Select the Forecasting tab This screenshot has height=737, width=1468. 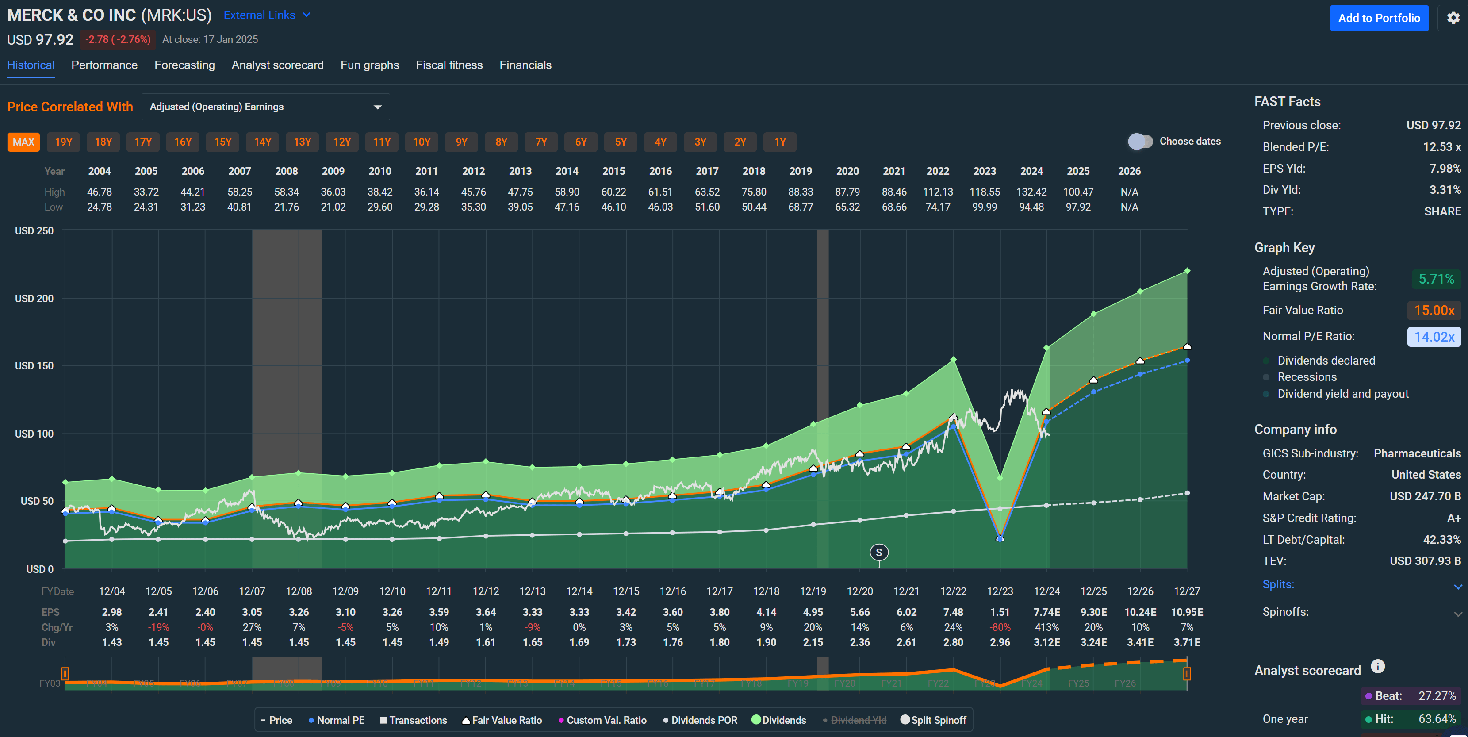(x=184, y=65)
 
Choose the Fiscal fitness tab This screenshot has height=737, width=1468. (x=448, y=65)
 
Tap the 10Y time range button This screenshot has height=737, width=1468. (x=421, y=142)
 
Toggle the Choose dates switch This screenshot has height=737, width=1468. (x=1140, y=142)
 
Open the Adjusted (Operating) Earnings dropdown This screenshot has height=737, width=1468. (x=265, y=107)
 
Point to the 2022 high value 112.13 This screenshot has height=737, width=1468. (x=937, y=192)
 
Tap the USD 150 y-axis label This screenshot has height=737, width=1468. (x=34, y=366)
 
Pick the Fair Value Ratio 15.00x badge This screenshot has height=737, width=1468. (x=1434, y=310)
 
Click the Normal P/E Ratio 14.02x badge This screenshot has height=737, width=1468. (x=1434, y=336)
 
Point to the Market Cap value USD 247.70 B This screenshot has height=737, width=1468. (x=1424, y=496)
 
